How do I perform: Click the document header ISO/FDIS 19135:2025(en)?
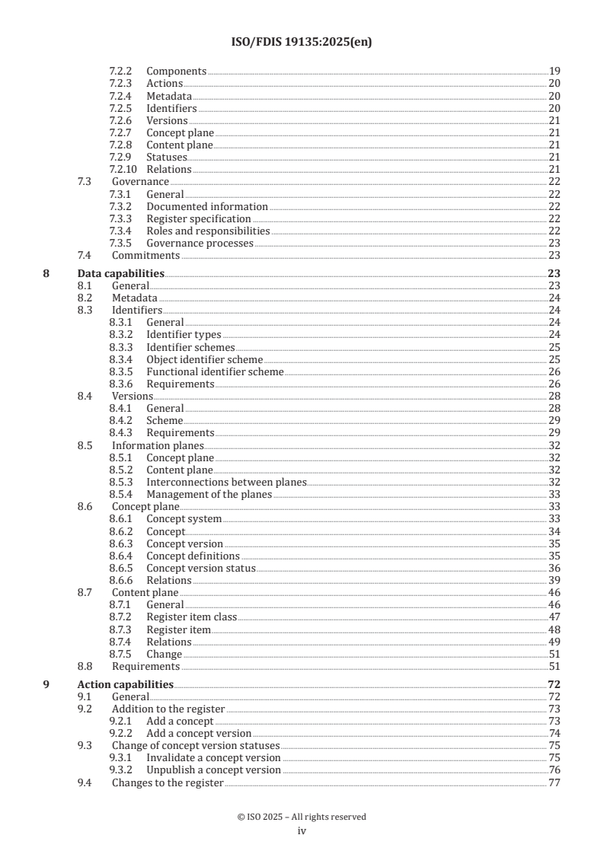coord(302,43)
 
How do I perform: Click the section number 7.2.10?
coord(123,169)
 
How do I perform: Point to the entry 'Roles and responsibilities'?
coord(208,231)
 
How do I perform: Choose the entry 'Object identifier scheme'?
coord(205,359)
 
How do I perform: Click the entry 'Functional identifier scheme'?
coord(215,372)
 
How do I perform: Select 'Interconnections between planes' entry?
coord(226,482)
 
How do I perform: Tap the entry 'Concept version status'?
coord(201,568)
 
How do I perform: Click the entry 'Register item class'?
coord(192,617)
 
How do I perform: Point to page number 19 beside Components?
coord(554,72)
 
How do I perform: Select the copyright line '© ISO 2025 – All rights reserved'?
coord(302,817)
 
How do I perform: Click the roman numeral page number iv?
coord(302,831)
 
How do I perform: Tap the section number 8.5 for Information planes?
coord(85,445)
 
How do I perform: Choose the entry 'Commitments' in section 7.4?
coord(145,256)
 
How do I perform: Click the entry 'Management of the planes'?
coord(209,494)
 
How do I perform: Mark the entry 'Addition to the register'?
coord(168,709)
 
